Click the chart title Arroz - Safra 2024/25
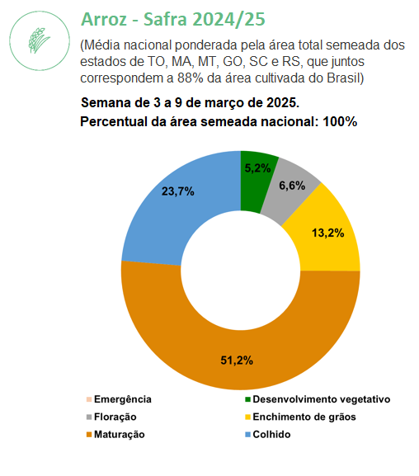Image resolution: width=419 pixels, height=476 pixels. coord(173,19)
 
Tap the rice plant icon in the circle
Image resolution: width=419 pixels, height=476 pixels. coord(39,40)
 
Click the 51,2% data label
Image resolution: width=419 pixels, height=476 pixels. coord(237,361)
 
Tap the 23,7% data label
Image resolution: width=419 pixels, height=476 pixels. coord(178,191)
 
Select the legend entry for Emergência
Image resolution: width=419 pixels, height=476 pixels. coord(119,399)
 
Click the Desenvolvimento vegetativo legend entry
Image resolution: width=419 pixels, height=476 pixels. coord(318,399)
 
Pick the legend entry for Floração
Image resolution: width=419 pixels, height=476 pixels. coord(111,417)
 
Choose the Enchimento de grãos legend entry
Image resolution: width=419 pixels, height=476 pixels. coord(300,417)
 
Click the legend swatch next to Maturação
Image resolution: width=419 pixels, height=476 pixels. coord(89,435)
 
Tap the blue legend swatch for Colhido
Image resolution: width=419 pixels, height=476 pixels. coord(247,435)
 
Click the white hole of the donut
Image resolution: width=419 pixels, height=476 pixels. coord(241,271)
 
